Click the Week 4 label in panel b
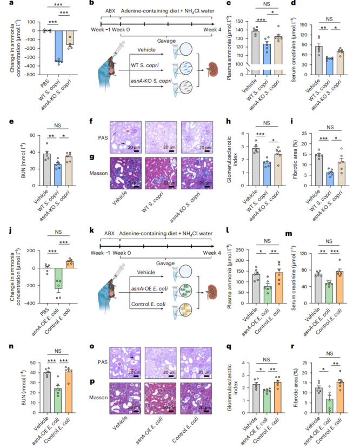(x=205, y=32)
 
